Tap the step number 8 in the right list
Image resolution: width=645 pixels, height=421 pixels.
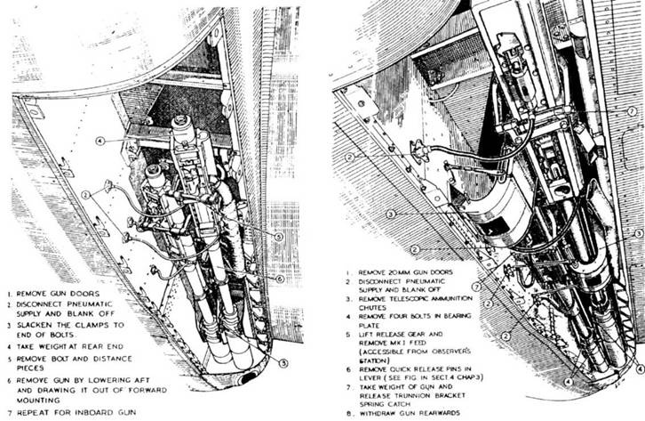point(342,414)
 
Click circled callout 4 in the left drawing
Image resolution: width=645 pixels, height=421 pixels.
point(102,142)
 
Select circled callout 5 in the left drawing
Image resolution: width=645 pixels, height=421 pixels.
point(278,237)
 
